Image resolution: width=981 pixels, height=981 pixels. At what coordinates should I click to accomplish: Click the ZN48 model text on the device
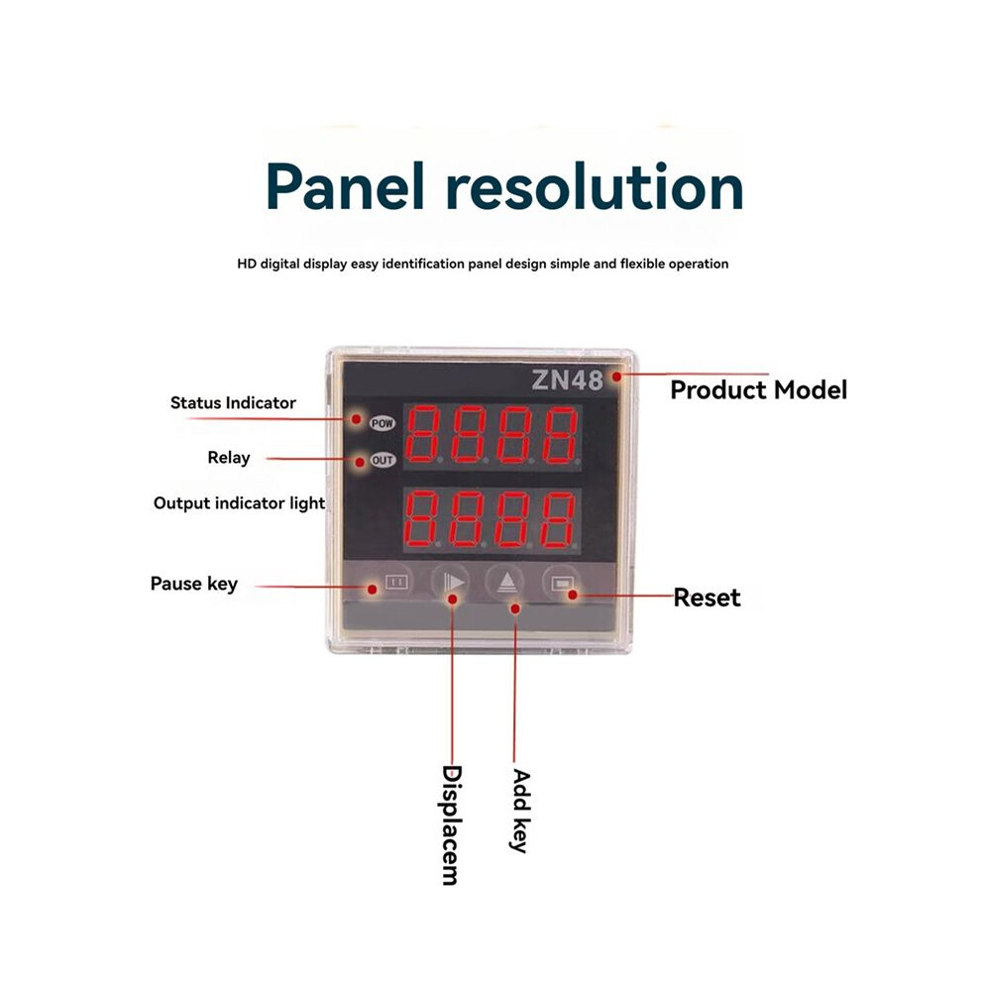pos(567,380)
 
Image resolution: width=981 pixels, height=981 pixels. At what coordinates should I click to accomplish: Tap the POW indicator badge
pos(382,423)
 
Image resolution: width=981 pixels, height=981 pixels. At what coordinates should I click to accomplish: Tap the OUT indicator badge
pos(382,461)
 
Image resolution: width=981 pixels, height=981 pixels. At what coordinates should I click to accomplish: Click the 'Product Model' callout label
pos(758,390)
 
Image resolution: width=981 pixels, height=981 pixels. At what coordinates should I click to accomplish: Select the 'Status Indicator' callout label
pos(233,403)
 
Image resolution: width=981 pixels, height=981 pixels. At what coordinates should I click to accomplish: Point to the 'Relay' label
pos(228,458)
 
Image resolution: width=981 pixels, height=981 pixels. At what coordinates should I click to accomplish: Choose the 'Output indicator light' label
pos(239,503)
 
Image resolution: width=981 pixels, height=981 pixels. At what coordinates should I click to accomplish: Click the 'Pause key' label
pos(194,584)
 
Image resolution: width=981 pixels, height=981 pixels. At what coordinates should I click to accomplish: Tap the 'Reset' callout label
pos(707,598)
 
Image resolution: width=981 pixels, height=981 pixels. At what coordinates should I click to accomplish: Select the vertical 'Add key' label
pos(520,812)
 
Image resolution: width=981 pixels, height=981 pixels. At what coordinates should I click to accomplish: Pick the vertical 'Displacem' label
pos(452,825)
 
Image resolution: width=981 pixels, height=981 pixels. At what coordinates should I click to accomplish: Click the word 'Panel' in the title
pos(346,186)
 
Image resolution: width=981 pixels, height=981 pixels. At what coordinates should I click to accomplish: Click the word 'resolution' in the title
pos(595,186)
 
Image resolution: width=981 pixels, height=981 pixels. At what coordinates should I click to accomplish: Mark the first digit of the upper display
pos(423,435)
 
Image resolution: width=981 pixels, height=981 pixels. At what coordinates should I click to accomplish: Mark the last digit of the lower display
pos(559,520)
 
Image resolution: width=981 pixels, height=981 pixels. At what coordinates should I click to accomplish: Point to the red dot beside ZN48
pos(617,377)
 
